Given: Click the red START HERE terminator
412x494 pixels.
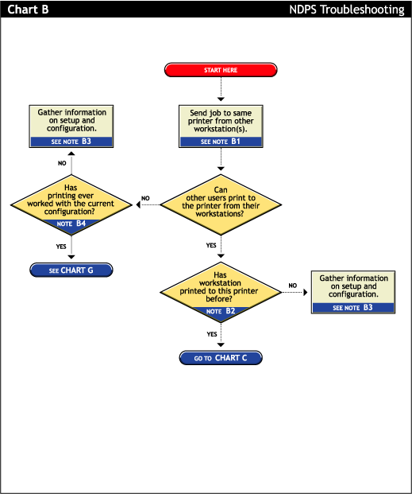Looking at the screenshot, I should pyautogui.click(x=221, y=70).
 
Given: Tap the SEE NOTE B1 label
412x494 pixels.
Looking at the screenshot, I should pyautogui.click(x=221, y=142).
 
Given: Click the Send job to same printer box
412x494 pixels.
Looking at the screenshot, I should pyautogui.click(x=221, y=122).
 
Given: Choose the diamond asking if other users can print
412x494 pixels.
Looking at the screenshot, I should pyautogui.click(x=221, y=204).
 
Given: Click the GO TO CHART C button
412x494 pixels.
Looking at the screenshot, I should pyautogui.click(x=221, y=358).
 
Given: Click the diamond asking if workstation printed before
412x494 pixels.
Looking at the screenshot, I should pyautogui.click(x=221, y=290).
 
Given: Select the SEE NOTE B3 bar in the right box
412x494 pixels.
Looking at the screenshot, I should pyautogui.click(x=353, y=306).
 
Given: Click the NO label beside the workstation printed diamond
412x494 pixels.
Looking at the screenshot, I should pyautogui.click(x=293, y=285).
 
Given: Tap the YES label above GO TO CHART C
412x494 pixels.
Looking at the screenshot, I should pyautogui.click(x=212, y=334).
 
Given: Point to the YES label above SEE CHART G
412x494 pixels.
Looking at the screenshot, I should pyautogui.click(x=61, y=247).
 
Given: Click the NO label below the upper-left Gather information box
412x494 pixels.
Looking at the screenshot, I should pyautogui.click(x=62, y=163).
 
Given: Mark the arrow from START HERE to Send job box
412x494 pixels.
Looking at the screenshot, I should pyautogui.click(x=221, y=91).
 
